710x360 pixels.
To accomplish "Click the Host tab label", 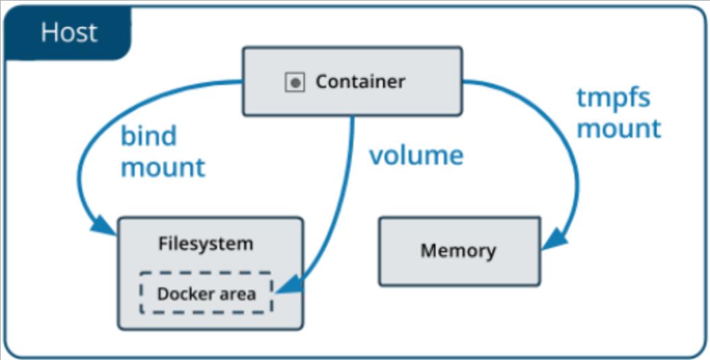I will (x=68, y=32).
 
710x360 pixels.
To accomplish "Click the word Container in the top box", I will (x=360, y=82).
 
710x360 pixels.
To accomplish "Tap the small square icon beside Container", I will (x=295, y=83).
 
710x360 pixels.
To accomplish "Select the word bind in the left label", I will (x=148, y=136).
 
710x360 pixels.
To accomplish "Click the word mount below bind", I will (x=162, y=167).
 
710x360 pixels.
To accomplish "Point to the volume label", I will (x=416, y=155).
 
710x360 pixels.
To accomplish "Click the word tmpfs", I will (x=613, y=98).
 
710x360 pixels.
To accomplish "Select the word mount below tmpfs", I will (x=618, y=128).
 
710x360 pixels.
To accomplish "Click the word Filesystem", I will (x=206, y=243).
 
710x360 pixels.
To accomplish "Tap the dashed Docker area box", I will (x=206, y=293).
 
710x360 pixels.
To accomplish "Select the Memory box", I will (x=459, y=251).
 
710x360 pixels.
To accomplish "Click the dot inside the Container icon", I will (x=295, y=83).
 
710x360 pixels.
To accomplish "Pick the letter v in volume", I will (x=376, y=156).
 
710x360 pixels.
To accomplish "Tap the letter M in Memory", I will (x=428, y=251).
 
